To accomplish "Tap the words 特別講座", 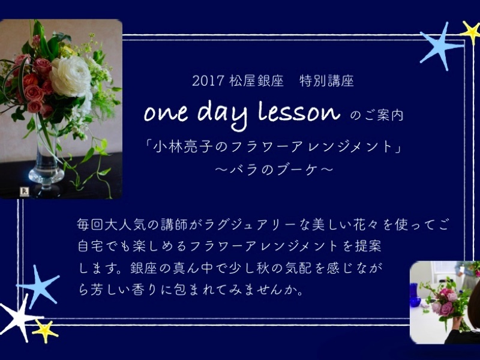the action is (326, 81).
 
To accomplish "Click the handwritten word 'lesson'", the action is (299, 112).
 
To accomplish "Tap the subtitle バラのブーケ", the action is (274, 170).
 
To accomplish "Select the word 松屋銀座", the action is (256, 81).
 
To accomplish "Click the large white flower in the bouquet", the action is (70, 77).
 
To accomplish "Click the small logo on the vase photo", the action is (25, 191).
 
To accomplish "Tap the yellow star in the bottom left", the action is (45, 331).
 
